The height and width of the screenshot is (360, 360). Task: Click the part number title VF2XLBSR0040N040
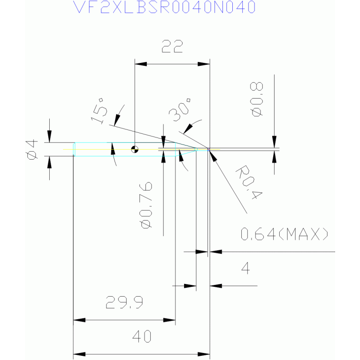[x=164, y=7]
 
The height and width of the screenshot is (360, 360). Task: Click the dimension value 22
[x=172, y=46]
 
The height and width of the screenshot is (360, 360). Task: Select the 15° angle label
[x=100, y=111]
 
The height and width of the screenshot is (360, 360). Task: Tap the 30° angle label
[x=180, y=110]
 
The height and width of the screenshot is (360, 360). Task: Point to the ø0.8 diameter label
[x=256, y=99]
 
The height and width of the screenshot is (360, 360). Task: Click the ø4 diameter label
[x=32, y=149]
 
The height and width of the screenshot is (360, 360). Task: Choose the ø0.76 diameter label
[x=146, y=205]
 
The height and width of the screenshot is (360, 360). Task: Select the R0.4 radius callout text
[x=249, y=182]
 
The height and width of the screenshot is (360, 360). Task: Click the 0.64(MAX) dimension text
[x=284, y=234]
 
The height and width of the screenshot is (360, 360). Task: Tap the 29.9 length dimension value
[x=124, y=302]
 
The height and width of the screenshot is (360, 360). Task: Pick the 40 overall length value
[x=142, y=337]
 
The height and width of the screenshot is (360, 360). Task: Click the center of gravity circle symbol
[x=135, y=149]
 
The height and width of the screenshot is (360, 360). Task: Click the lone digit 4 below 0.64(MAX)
[x=245, y=268]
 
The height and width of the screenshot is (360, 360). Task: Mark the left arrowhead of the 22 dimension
[x=140, y=64]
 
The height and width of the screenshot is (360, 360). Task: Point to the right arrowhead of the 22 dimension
[x=204, y=64]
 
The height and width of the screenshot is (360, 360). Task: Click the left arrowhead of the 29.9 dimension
[x=79, y=320]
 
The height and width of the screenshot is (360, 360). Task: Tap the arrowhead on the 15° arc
[x=117, y=120]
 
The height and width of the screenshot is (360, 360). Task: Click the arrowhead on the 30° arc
[x=188, y=129]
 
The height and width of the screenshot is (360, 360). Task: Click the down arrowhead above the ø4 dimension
[x=49, y=137]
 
